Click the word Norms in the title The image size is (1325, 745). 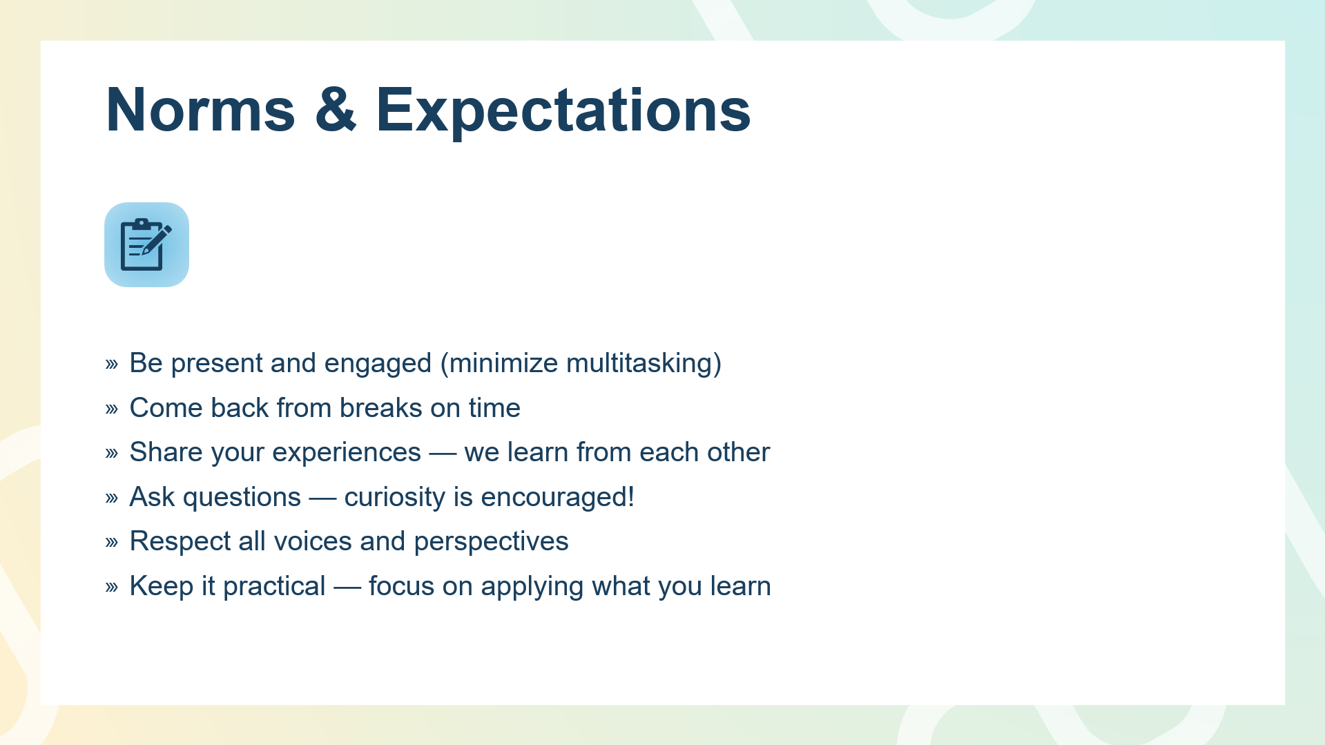click(x=201, y=109)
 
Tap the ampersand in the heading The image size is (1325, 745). click(x=336, y=109)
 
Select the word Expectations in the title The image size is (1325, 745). click(x=563, y=110)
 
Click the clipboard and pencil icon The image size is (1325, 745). click(x=146, y=244)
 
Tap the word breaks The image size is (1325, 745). click(x=380, y=407)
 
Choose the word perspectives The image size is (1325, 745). click(x=491, y=542)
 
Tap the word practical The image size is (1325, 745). click(x=274, y=587)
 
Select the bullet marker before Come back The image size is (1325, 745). click(x=112, y=409)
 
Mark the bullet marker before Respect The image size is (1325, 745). click(x=112, y=542)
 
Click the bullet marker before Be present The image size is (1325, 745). click(x=112, y=364)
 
